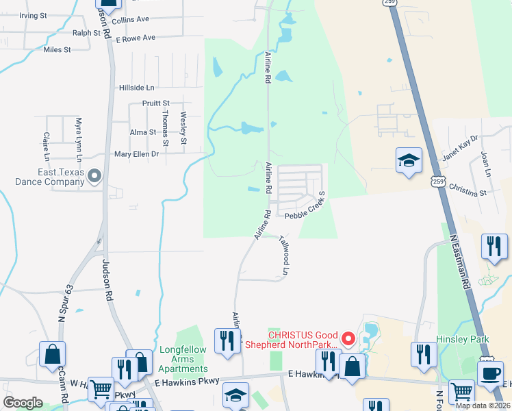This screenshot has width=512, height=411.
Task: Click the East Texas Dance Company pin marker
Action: point(94,177)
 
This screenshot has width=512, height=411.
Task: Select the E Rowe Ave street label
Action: point(136,38)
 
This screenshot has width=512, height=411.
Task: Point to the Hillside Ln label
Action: point(137,88)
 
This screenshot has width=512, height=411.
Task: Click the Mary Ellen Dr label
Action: point(136,154)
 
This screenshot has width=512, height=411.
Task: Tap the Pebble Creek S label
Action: point(307,208)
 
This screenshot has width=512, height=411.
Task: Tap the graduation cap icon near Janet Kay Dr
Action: point(409,161)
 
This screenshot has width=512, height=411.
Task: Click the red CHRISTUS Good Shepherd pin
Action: point(348,338)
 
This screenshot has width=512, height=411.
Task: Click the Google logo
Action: point(23,403)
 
